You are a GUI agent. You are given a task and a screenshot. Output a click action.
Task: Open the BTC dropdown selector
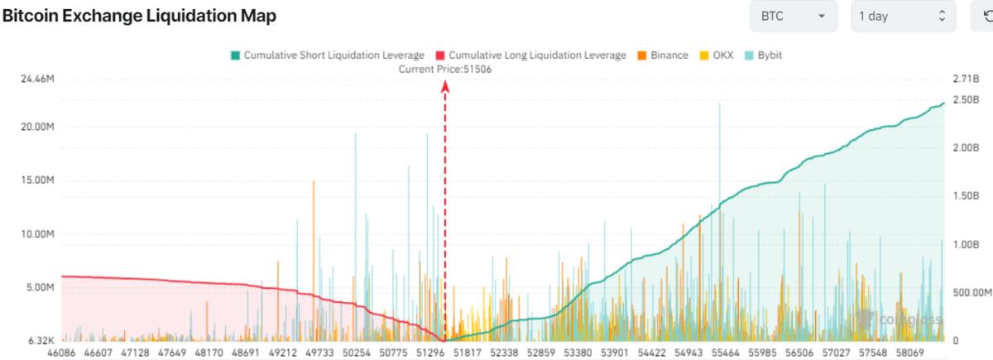click(x=793, y=16)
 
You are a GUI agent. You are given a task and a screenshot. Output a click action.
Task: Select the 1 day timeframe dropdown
click(x=903, y=16)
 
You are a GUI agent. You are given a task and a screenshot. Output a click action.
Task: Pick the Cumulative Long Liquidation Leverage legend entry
click(x=530, y=55)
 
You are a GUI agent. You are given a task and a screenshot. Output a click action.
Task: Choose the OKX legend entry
click(x=717, y=55)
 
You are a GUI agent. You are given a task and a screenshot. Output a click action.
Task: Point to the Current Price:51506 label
click(x=445, y=69)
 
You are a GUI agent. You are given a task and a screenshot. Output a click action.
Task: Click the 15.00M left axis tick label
click(x=37, y=180)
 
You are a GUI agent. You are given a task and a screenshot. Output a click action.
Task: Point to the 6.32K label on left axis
click(x=40, y=340)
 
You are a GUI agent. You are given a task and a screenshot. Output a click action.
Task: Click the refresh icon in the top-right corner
click(x=984, y=16)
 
